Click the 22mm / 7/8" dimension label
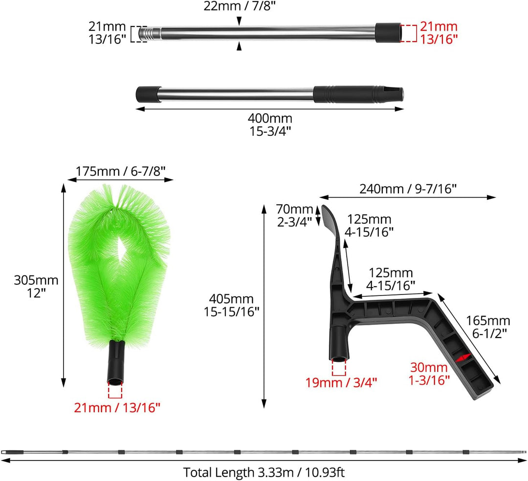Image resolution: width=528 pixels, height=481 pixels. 240,6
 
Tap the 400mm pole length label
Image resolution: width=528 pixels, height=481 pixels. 270,125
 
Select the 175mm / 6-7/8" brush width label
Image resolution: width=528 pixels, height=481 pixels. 121,171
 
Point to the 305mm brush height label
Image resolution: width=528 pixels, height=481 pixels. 36,286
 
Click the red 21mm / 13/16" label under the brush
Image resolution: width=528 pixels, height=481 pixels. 117,407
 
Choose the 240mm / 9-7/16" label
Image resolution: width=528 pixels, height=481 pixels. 408,188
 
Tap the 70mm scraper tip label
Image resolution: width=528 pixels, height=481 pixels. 295,215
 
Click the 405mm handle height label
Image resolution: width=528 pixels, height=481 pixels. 231,305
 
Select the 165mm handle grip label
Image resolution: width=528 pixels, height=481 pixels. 488,327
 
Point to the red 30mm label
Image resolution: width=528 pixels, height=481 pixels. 429,374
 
